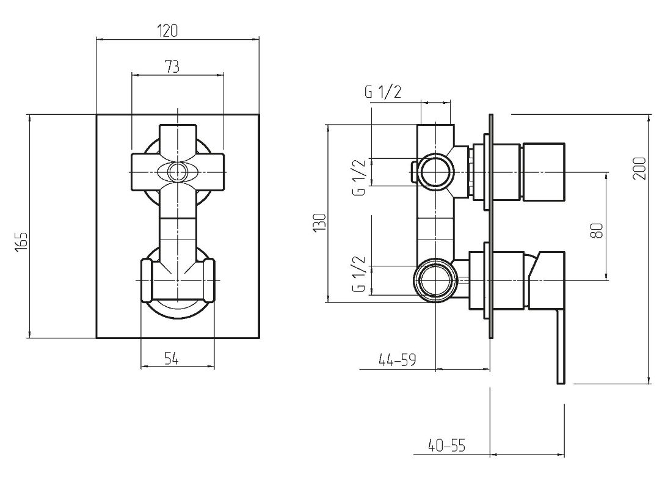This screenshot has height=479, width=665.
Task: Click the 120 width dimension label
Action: click(167, 31)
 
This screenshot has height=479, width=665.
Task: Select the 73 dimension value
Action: click(172, 67)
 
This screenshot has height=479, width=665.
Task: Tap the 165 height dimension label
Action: click(21, 241)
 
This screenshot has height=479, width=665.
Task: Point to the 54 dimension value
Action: click(172, 359)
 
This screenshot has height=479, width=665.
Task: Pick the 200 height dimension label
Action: click(639, 169)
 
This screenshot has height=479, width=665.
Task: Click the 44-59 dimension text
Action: click(398, 360)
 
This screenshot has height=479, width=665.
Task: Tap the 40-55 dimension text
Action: click(447, 445)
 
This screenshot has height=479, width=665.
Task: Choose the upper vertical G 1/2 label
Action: click(359, 177)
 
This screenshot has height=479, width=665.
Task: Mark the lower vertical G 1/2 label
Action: click(359, 274)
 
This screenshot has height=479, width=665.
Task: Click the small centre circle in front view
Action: click(177, 172)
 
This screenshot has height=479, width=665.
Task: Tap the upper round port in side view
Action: click(437, 172)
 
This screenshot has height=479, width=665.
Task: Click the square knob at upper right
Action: click(543, 172)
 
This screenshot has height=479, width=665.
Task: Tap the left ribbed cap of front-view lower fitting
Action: click(147, 280)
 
